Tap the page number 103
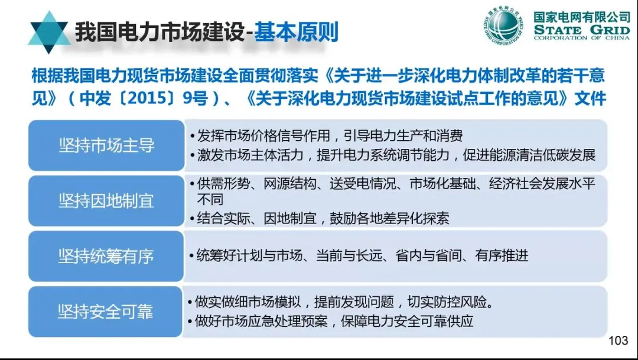tap(617, 340)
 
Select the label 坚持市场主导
tap(106, 145)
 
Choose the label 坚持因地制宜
tap(106, 201)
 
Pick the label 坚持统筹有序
tap(106, 256)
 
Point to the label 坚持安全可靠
tap(106, 312)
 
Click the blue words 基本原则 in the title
tap(296, 33)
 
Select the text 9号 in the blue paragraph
tap(195, 99)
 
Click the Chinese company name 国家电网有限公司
tap(582, 16)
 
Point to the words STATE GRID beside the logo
tap(581, 29)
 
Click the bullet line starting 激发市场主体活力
tap(392, 155)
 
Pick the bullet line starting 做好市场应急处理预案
tap(331, 322)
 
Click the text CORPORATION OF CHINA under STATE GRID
tap(581, 38)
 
